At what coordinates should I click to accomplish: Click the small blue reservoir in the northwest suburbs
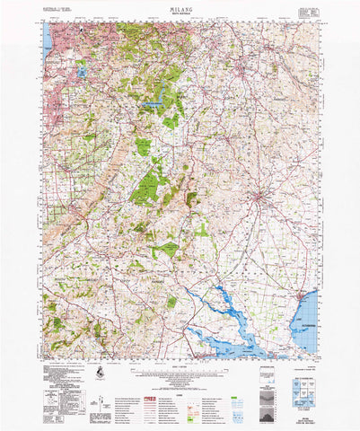82,69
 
